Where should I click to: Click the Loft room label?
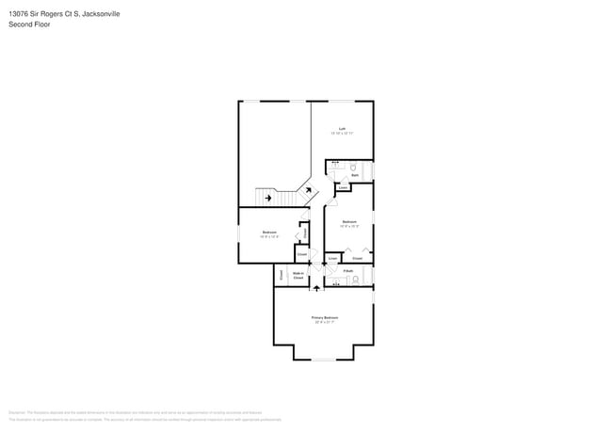[x=342, y=129]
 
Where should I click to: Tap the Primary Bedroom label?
[x=324, y=318]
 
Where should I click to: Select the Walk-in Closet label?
[x=298, y=276]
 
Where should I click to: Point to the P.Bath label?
[x=347, y=271]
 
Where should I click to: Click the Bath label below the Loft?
[x=355, y=175]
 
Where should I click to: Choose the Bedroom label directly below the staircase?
[x=269, y=232]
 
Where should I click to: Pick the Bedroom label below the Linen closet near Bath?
[x=348, y=222]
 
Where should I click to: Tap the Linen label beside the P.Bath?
[x=333, y=256]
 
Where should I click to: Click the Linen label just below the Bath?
[x=343, y=187]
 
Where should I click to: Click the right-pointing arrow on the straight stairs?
[x=270, y=198]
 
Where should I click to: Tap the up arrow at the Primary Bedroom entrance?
[x=316, y=288]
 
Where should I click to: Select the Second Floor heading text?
[x=28, y=24]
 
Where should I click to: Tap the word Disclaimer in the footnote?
[x=17, y=412]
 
